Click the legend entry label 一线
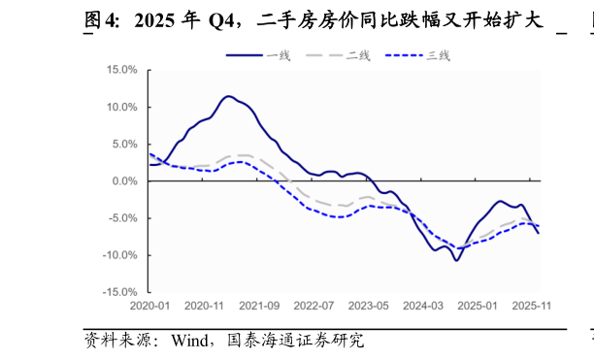pyautogui.click(x=279, y=55)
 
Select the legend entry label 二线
pyautogui.click(x=358, y=55)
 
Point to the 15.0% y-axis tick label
pyautogui.click(x=122, y=70)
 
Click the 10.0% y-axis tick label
pyautogui.click(x=122, y=107)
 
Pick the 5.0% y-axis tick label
pyautogui.click(x=125, y=144)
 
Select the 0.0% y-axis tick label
pyautogui.click(x=125, y=180)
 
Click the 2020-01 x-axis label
pyautogui.click(x=149, y=305)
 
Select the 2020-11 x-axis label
pyautogui.click(x=204, y=305)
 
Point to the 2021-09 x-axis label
pyautogui.click(x=259, y=305)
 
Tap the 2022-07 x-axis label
pyautogui.click(x=313, y=305)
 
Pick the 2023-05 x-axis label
pyautogui.click(x=369, y=305)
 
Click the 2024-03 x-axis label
pyautogui.click(x=423, y=305)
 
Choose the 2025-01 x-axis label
pyautogui.click(x=478, y=305)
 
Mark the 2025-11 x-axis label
pyautogui.click(x=533, y=305)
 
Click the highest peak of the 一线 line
pyautogui.click(x=228, y=96)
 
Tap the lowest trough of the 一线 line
pyautogui.click(x=456, y=260)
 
